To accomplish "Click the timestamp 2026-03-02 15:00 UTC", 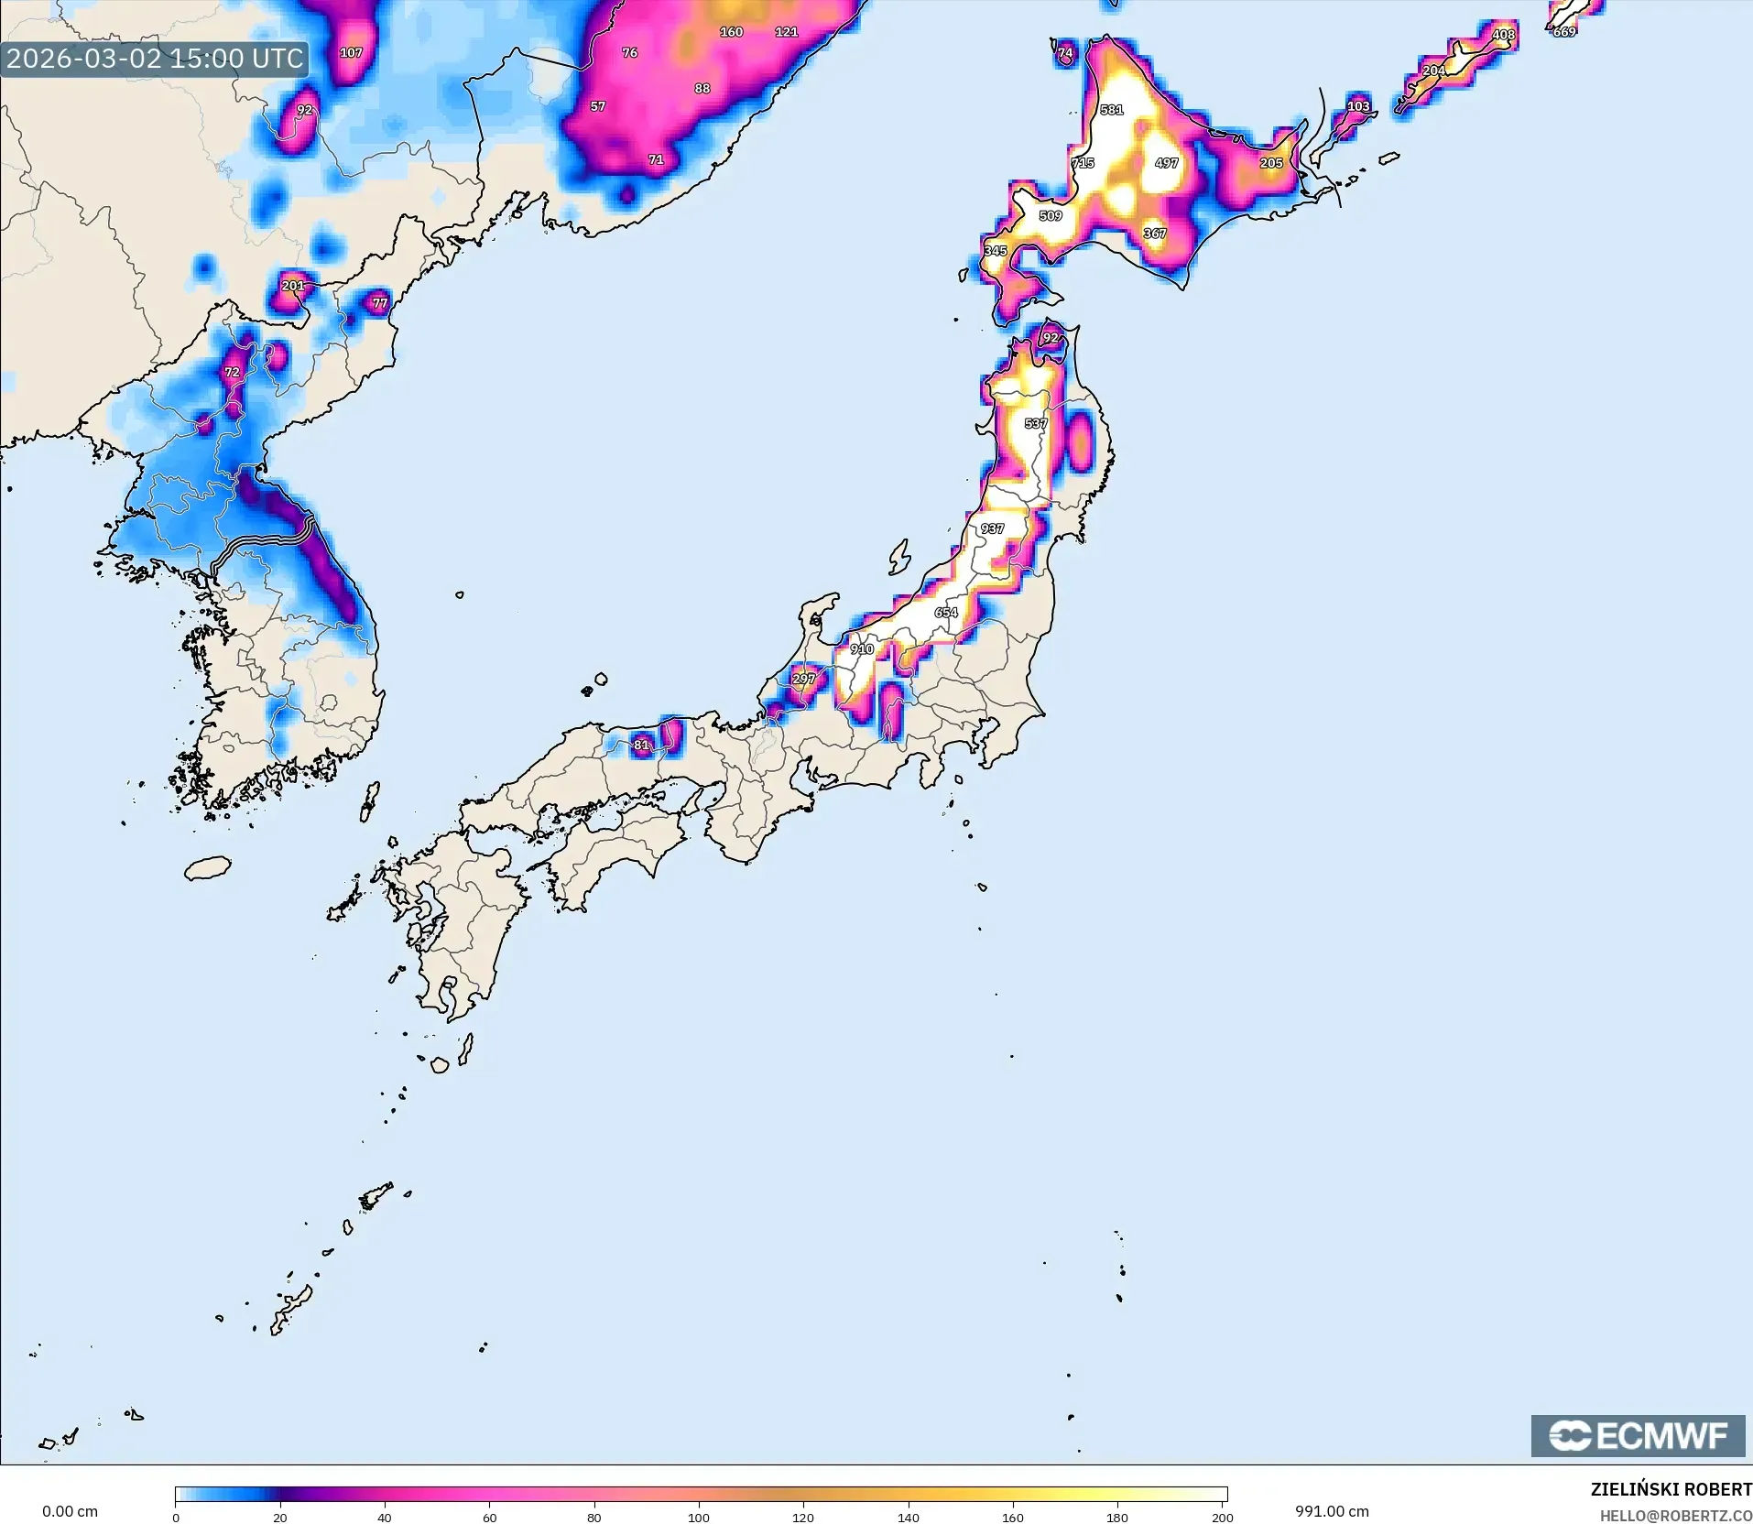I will [154, 59].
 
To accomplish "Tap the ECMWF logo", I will [1638, 1435].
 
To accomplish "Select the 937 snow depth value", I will [992, 528].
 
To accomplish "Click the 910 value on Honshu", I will [861, 648].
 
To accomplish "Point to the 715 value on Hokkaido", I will [1083, 163].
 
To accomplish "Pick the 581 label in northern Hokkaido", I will [1111, 110].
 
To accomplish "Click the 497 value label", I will [1166, 163].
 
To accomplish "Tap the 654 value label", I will [945, 613].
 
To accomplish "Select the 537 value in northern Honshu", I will [1035, 423].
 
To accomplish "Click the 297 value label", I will [803, 679].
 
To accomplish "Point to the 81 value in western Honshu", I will [641, 745].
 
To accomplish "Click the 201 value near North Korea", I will [292, 286].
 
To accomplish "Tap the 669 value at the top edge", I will [1564, 32].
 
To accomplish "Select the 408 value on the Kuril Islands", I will [1503, 35].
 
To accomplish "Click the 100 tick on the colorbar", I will [699, 1518].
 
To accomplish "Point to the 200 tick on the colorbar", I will [1222, 1518].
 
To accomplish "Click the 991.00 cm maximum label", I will [1332, 1511].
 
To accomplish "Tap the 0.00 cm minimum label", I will [70, 1511].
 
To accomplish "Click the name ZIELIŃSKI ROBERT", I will [1671, 1490].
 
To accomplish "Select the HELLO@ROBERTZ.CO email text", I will [1675, 1516].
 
